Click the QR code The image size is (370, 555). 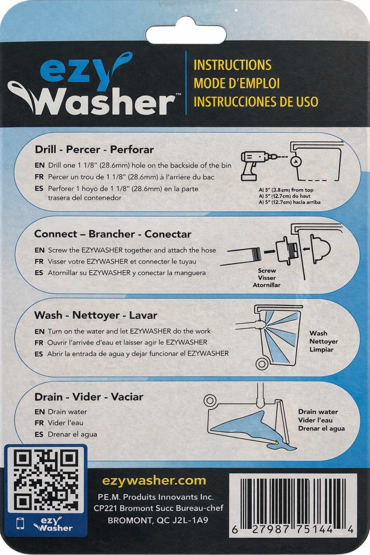click(x=46, y=480)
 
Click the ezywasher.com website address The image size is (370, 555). click(x=154, y=481)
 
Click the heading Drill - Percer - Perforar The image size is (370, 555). click(x=94, y=150)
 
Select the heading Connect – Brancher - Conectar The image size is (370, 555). click(x=112, y=234)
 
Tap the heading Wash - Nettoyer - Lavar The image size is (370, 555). click(x=96, y=315)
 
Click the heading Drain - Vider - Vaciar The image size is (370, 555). click(x=89, y=397)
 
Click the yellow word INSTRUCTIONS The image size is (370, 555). click(x=232, y=65)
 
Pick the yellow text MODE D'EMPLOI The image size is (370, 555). click(x=237, y=83)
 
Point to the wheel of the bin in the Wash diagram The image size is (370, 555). click(x=262, y=363)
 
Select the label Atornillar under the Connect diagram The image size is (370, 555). click(x=267, y=285)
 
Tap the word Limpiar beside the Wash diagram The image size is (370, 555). click(x=321, y=349)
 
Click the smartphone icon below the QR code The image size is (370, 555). click(x=21, y=524)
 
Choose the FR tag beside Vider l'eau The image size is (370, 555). click(x=39, y=423)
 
